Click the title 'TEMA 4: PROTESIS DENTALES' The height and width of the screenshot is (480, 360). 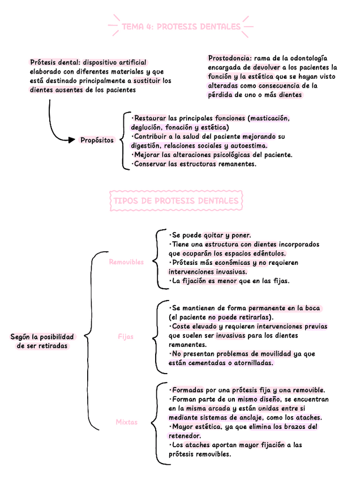point(181,27)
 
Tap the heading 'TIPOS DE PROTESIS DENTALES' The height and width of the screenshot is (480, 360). point(176,201)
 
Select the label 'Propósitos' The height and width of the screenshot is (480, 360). point(97,140)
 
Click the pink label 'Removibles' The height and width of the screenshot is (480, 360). point(126,262)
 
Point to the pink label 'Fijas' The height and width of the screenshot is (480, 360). point(126,336)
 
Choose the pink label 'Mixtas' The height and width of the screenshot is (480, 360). point(127,422)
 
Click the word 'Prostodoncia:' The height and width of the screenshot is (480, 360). point(229,58)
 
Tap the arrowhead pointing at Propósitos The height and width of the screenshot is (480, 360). point(71,140)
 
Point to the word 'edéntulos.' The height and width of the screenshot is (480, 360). point(268,254)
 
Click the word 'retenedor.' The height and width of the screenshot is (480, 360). point(185,436)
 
